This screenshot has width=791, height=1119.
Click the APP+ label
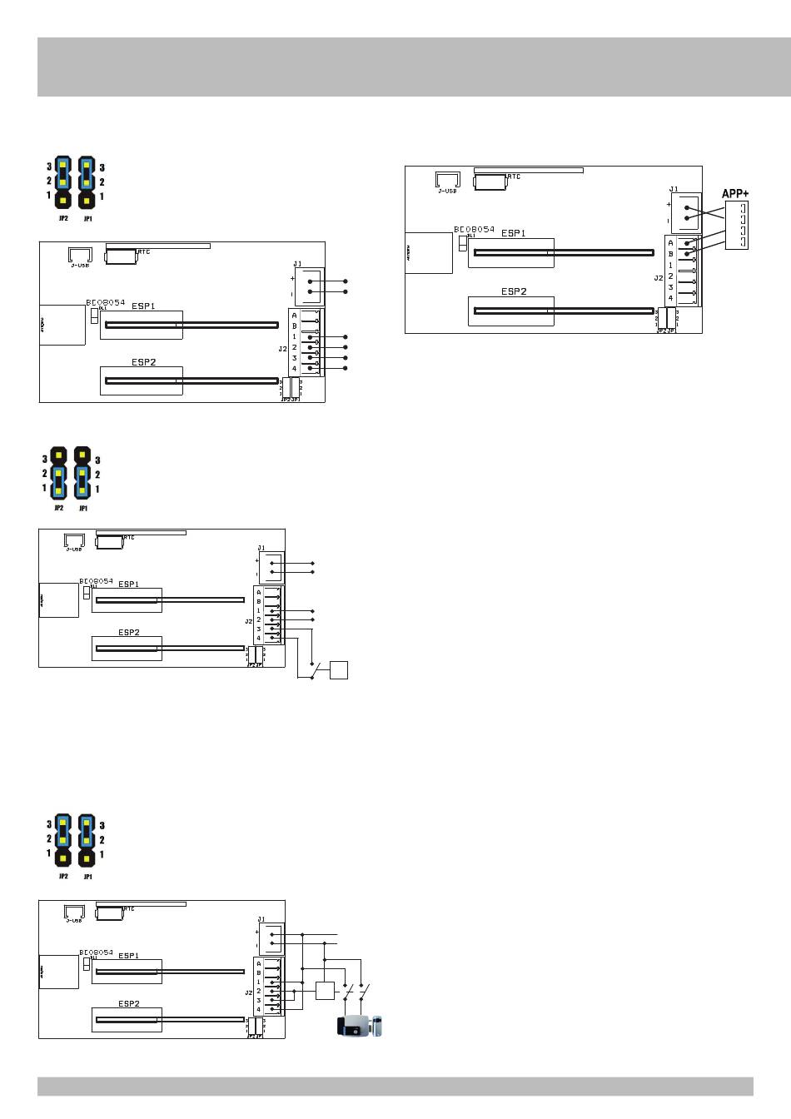click(x=735, y=193)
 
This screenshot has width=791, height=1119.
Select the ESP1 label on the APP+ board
click(x=513, y=233)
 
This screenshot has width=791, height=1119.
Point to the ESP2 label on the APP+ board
click(x=513, y=291)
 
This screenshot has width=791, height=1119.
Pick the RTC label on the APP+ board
click(x=515, y=177)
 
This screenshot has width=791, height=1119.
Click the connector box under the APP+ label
click(x=737, y=225)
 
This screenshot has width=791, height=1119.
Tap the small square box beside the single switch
click(x=338, y=669)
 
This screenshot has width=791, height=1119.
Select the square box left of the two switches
click(x=325, y=991)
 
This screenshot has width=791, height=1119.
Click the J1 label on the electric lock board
click(x=261, y=919)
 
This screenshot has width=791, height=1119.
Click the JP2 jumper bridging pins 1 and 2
click(x=58, y=481)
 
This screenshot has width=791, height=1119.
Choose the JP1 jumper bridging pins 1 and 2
click(x=82, y=481)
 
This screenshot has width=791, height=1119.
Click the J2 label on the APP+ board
click(x=658, y=278)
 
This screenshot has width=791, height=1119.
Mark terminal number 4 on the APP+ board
click(x=670, y=297)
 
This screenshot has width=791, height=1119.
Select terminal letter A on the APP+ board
click(x=670, y=243)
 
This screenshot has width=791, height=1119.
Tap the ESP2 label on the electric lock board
click(x=129, y=1003)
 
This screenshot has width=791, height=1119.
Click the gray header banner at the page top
click(x=395, y=67)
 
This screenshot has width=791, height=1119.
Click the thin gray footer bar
click(x=395, y=1086)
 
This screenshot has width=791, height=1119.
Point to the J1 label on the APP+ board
click(x=673, y=189)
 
